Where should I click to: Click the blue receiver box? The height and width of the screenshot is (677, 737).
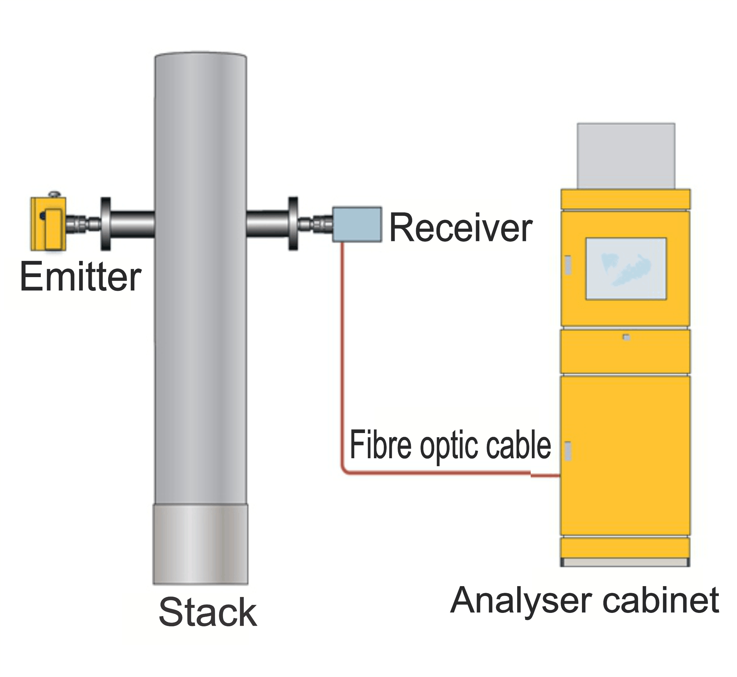click(357, 224)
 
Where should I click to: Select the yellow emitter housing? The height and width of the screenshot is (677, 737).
click(48, 224)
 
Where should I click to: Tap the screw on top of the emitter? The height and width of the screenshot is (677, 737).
click(54, 194)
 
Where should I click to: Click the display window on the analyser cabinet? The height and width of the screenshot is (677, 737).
click(626, 269)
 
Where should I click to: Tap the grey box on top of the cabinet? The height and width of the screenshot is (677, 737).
click(626, 156)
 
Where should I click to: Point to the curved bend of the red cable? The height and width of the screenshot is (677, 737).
click(345, 472)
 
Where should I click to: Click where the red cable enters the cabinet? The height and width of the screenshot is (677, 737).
click(558, 476)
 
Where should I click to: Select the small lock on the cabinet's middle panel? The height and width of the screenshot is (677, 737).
click(626, 337)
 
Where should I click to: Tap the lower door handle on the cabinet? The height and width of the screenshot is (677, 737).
click(568, 451)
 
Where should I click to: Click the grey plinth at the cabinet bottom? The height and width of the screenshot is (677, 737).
click(626, 562)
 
